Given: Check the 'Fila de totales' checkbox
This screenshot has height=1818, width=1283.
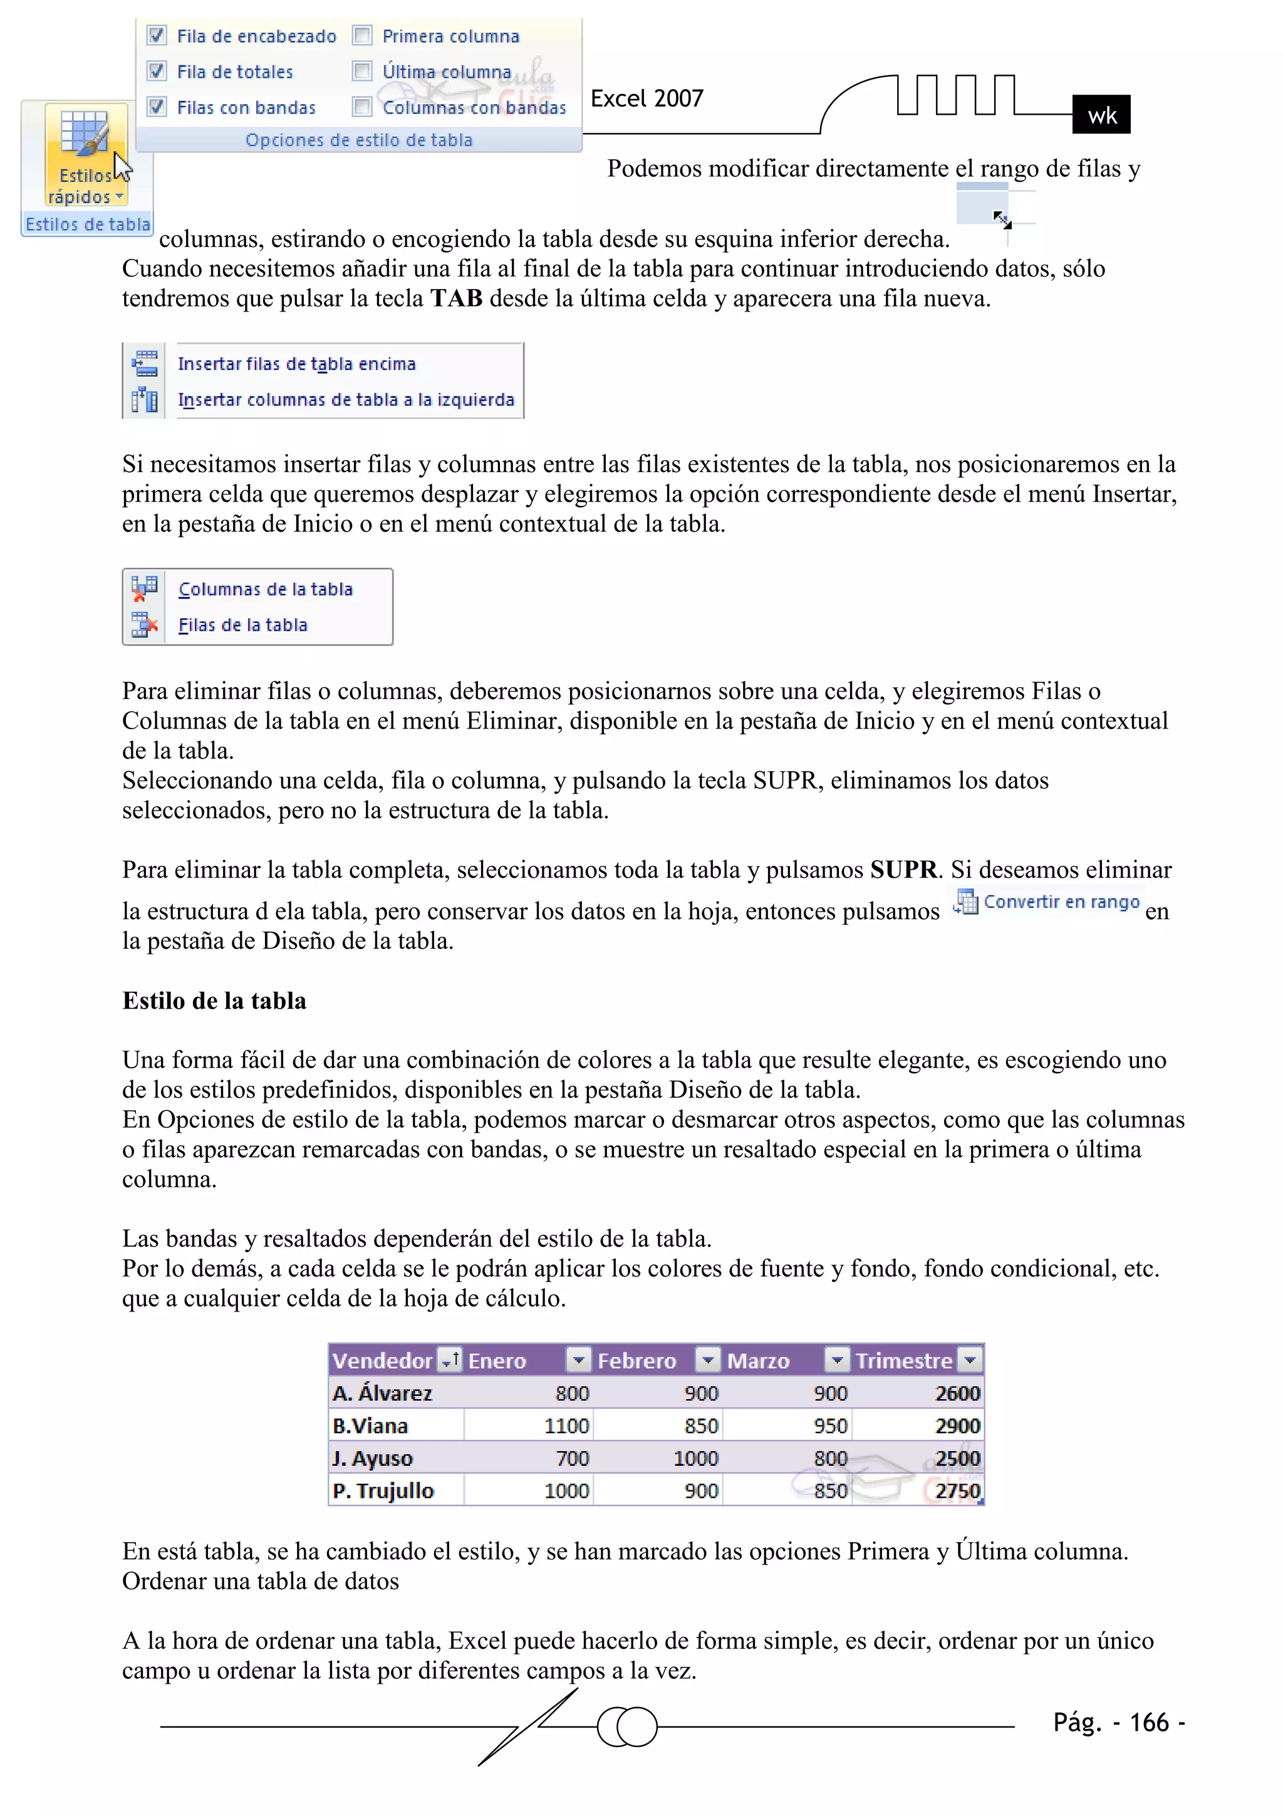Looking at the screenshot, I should [x=157, y=71].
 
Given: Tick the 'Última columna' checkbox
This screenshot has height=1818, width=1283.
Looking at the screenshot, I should [x=361, y=71].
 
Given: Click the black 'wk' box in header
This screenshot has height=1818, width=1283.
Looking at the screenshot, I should [x=1100, y=115].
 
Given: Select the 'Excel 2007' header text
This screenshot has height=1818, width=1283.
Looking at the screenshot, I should [x=647, y=98].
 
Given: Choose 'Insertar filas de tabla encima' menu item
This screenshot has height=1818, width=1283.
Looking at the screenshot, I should [x=296, y=364].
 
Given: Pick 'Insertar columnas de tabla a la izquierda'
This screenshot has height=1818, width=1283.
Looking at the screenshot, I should [x=346, y=400].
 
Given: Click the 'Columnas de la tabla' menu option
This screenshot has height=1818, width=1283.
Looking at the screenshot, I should [x=265, y=589].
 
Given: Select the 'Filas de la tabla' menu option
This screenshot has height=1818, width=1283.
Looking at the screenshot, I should [x=242, y=625].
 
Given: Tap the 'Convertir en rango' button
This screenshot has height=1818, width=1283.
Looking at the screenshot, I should [x=1047, y=902].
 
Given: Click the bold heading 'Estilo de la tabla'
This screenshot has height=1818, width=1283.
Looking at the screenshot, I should [x=214, y=1001].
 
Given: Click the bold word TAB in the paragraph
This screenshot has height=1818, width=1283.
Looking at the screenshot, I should [x=457, y=298].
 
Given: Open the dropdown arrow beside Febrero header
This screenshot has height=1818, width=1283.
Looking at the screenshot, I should [x=707, y=1360].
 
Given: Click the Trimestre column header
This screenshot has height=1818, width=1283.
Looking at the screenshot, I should [x=903, y=1360].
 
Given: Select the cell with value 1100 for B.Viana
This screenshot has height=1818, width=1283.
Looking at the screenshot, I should [x=566, y=1426].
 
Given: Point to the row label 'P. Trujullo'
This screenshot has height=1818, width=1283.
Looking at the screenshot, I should [x=383, y=1491].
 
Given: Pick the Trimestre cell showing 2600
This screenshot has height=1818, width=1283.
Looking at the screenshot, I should [x=957, y=1393].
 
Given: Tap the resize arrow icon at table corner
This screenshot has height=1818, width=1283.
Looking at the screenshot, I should [x=1002, y=219].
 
